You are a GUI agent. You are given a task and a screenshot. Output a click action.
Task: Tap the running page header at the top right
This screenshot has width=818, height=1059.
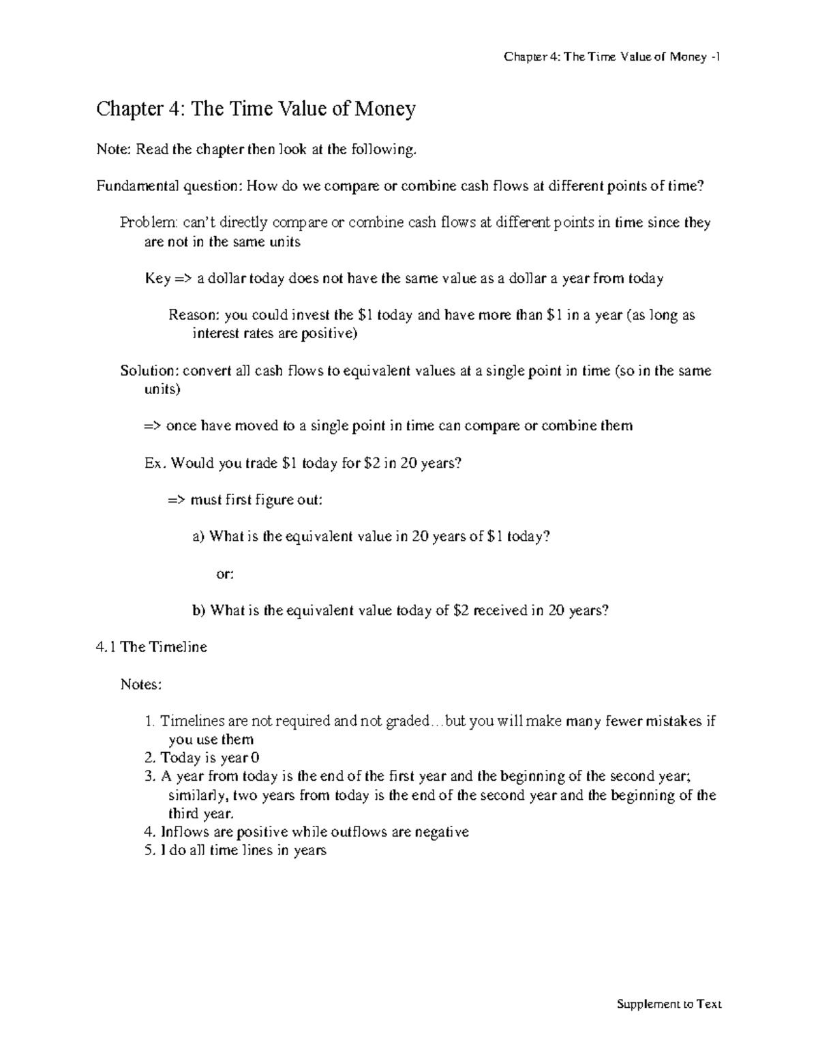[612, 57]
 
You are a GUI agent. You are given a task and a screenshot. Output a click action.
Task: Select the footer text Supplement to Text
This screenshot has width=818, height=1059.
[668, 1004]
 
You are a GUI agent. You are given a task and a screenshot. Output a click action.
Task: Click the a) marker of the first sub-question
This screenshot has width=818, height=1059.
[198, 537]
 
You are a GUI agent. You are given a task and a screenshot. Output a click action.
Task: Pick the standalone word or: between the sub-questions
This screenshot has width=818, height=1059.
[225, 574]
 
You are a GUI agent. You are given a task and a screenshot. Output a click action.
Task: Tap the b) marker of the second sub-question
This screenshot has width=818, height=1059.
[198, 611]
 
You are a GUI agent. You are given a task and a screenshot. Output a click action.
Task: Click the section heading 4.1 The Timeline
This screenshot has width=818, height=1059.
[152, 647]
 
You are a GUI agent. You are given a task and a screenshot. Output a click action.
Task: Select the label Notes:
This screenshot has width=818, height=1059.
[141, 684]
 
